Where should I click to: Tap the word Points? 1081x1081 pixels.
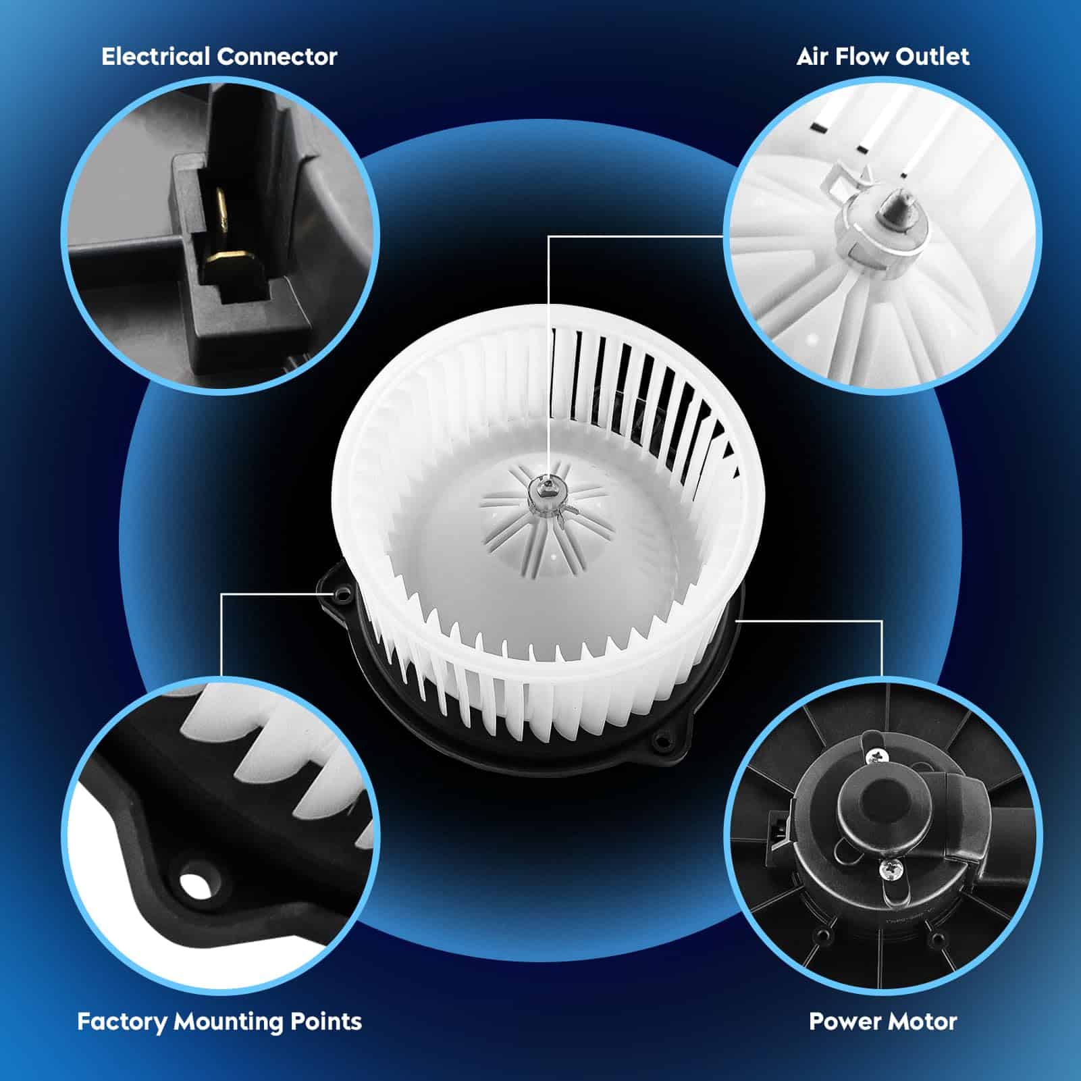click(x=326, y=1022)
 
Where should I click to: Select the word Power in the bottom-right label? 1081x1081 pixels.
click(x=841, y=1022)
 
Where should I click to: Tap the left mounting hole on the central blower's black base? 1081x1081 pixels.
click(x=342, y=594)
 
